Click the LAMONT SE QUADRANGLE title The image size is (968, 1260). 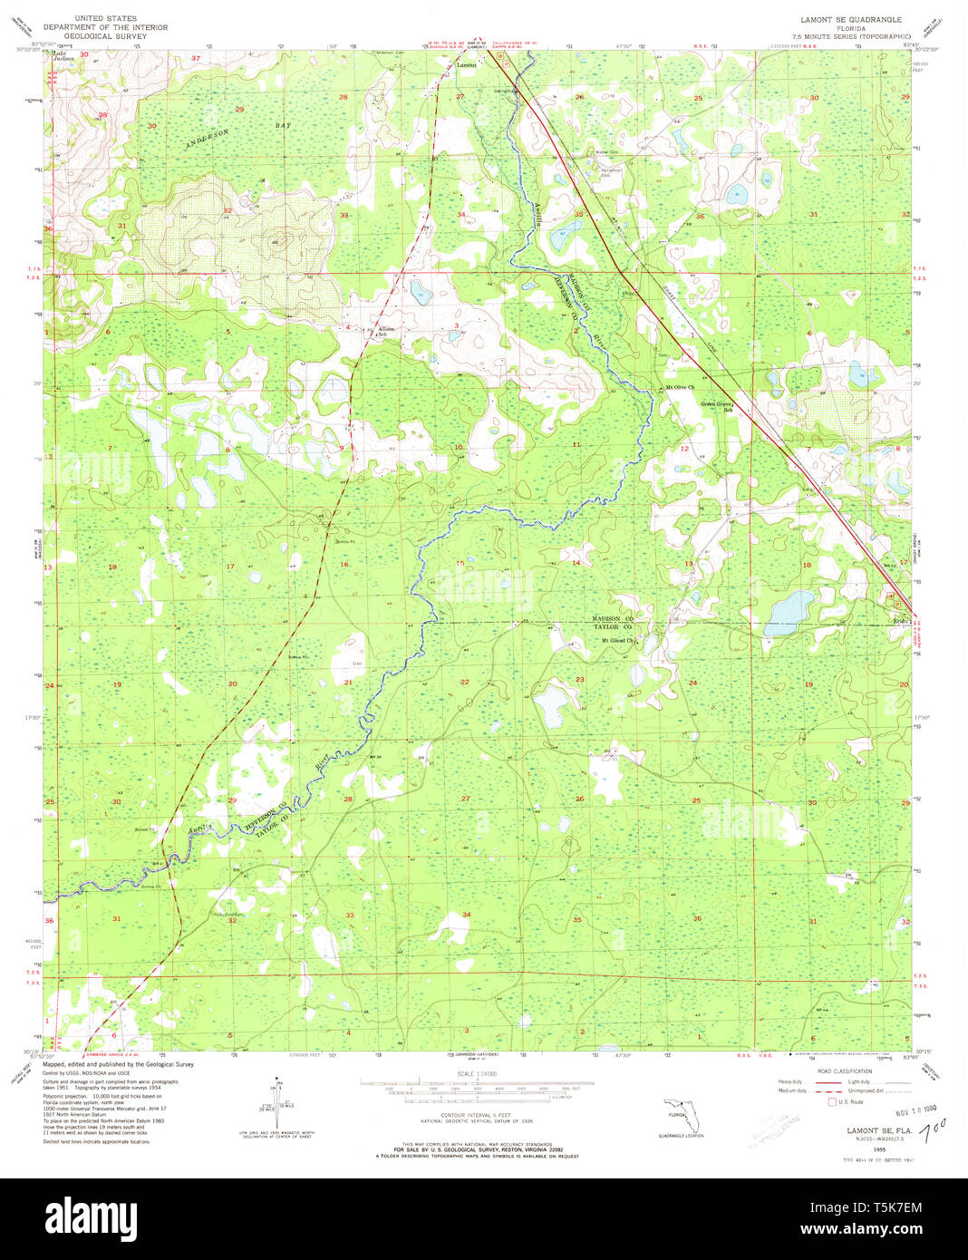(x=844, y=19)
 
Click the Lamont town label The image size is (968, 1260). (x=466, y=65)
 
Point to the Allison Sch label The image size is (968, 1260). (x=387, y=332)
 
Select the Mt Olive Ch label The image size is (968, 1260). (x=680, y=387)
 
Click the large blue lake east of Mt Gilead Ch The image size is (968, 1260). (x=789, y=614)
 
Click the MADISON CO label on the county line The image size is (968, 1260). (x=612, y=618)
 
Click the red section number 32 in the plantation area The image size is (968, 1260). (x=227, y=210)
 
